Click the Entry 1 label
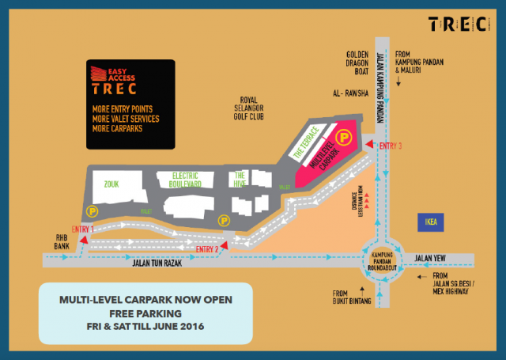(x=82, y=229)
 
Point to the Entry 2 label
(x=206, y=250)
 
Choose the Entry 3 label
(x=391, y=146)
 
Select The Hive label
(x=240, y=179)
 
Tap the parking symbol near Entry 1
(x=93, y=211)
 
